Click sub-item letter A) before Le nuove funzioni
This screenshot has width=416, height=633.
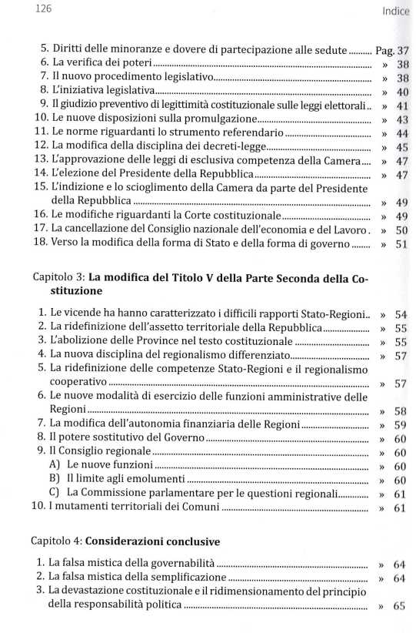(x=54, y=466)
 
